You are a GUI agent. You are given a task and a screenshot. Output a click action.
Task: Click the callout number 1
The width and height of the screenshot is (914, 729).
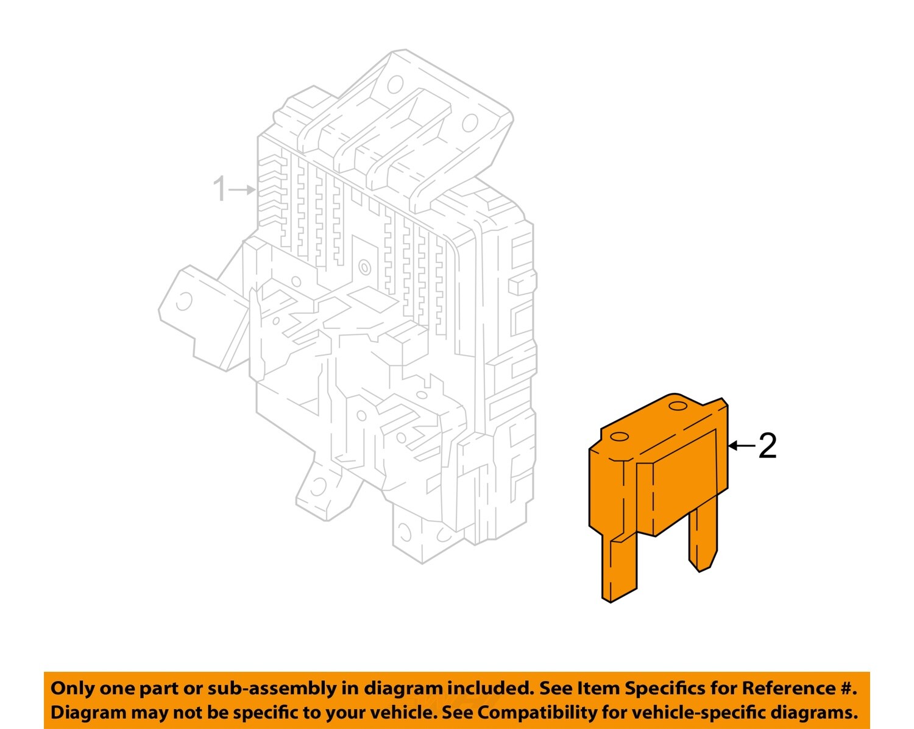pyautogui.click(x=219, y=189)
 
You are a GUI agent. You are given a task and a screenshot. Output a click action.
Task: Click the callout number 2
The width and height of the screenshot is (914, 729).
pyautogui.click(x=768, y=446)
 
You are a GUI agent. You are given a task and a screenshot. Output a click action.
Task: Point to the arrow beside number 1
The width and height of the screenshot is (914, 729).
pyautogui.click(x=243, y=189)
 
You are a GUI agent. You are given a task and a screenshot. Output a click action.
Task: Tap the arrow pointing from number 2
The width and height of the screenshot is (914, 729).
pyautogui.click(x=742, y=446)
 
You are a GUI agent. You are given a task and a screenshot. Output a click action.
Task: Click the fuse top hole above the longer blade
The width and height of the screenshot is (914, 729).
pyautogui.click(x=619, y=437)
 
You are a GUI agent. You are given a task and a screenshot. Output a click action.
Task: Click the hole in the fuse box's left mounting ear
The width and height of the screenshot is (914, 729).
pyautogui.click(x=183, y=301)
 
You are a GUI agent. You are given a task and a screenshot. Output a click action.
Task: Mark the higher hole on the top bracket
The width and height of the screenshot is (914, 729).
pyautogui.click(x=395, y=83)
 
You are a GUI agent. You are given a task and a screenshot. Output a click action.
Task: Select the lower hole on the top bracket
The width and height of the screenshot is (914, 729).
pyautogui.click(x=469, y=123)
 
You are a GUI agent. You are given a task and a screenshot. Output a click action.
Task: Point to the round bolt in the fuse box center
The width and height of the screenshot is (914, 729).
pyautogui.click(x=364, y=267)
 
